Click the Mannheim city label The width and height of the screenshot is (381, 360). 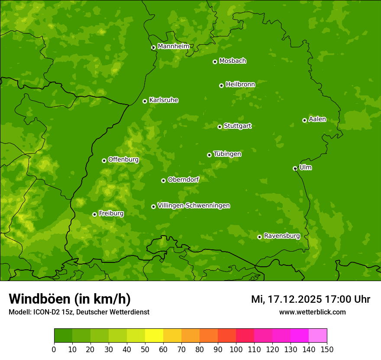[173, 46]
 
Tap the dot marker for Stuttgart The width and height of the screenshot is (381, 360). [220, 127]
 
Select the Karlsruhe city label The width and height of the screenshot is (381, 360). [164, 100]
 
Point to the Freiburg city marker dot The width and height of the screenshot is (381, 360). [94, 214]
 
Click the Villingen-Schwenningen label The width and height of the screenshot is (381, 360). [194, 206]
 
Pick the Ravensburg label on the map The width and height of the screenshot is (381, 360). [282, 236]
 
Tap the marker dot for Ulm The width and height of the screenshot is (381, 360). [295, 168]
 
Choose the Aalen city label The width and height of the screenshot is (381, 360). [317, 119]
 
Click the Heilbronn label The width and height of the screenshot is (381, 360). [240, 85]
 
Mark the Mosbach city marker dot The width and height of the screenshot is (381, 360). [215, 62]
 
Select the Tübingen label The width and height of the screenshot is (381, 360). [227, 154]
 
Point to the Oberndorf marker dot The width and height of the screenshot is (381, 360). [163, 180]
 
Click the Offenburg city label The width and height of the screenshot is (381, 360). [123, 160]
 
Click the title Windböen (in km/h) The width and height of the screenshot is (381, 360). [70, 299]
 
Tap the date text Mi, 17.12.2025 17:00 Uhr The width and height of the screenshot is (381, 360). [310, 299]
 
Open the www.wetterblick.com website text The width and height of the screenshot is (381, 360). [312, 312]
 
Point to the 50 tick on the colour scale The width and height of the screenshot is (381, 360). [145, 349]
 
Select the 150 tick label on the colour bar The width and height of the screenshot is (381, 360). [327, 349]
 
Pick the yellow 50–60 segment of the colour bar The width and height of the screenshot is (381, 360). [154, 335]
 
